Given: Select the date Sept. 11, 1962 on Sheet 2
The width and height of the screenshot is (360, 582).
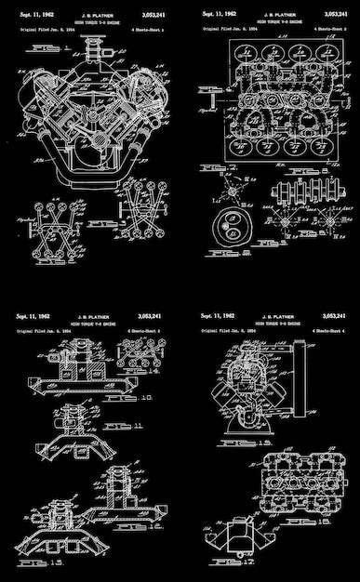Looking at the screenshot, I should click(x=218, y=16).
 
